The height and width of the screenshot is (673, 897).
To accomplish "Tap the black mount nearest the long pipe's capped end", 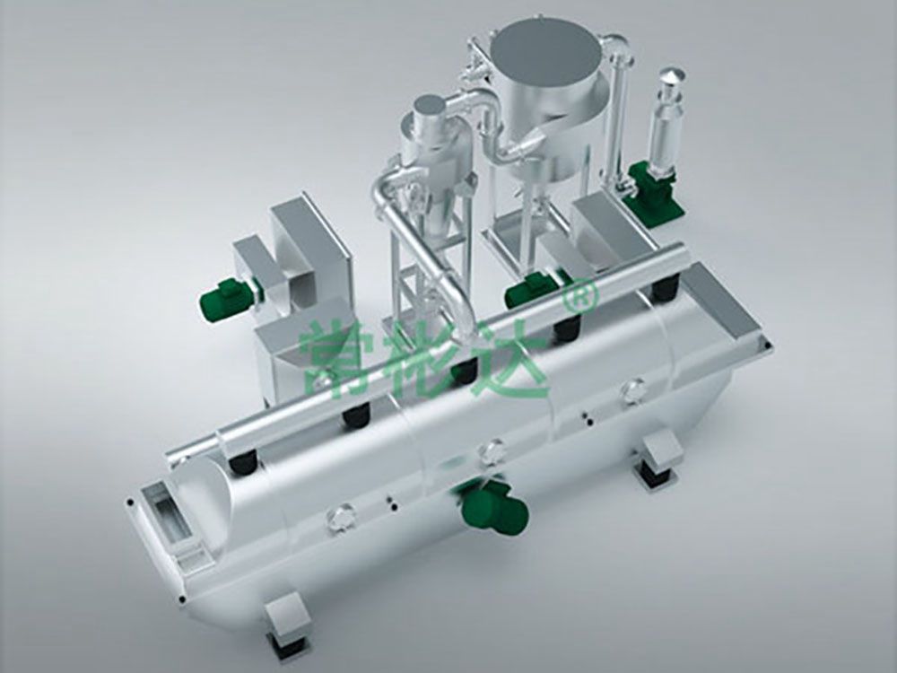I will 240,463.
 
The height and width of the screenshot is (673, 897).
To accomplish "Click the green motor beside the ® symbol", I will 529,290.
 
